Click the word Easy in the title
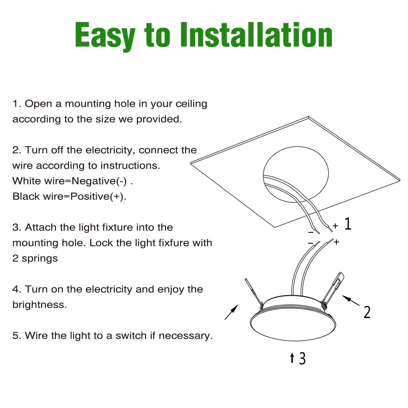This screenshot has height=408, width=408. (105, 35)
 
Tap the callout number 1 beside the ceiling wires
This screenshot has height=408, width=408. (348, 224)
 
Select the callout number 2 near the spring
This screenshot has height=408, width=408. (367, 312)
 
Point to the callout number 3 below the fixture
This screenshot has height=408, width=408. (302, 358)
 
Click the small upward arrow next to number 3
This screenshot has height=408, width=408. (292, 358)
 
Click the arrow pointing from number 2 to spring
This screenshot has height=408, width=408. (351, 300)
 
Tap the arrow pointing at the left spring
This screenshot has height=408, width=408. (231, 312)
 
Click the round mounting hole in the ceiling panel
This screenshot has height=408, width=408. (296, 174)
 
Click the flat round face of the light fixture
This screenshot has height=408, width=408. (293, 325)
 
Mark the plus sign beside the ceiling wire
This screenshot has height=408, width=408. (335, 225)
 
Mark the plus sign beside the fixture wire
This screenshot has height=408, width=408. (337, 242)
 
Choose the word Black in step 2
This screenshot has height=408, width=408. (26, 196)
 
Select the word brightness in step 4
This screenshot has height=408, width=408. (40, 305)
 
